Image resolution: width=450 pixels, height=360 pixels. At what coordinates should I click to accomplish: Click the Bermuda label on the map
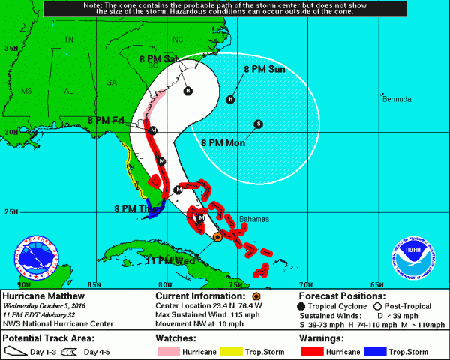click(x=396, y=99)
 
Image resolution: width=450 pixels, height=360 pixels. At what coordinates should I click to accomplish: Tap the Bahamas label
click(x=253, y=219)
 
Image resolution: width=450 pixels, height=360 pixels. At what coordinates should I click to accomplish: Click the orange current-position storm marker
click(x=217, y=236)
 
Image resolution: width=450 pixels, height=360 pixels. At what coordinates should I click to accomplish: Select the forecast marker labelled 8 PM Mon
click(x=258, y=124)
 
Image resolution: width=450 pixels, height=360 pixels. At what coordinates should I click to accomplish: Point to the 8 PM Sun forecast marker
click(x=231, y=99)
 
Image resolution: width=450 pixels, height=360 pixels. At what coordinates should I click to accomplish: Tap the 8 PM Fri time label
click(x=106, y=120)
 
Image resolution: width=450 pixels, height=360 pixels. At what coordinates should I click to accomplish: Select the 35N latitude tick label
click(x=11, y=47)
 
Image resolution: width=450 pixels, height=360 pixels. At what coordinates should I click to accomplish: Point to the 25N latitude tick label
click(x=11, y=211)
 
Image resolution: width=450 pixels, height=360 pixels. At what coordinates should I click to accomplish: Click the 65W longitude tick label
click(x=376, y=284)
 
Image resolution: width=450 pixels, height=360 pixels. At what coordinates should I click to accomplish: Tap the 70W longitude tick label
click(x=305, y=284)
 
